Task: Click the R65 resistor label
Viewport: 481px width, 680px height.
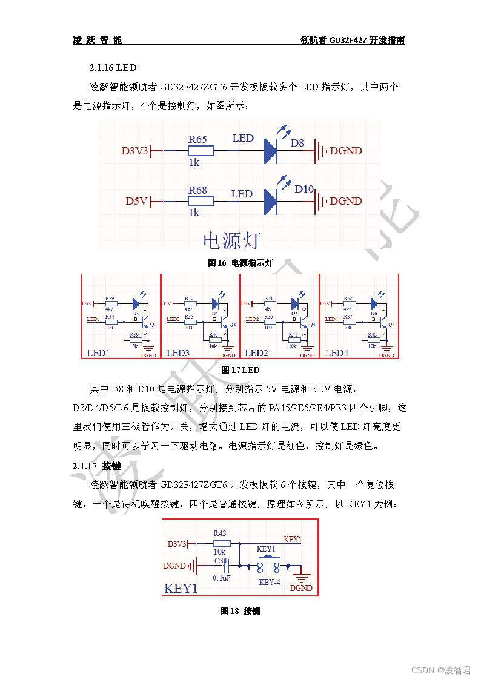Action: [197, 139]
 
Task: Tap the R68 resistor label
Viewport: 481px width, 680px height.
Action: [197, 190]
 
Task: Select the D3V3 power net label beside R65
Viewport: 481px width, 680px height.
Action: [134, 151]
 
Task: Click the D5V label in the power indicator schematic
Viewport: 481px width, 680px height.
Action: [136, 201]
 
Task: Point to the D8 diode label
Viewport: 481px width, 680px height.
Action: [297, 144]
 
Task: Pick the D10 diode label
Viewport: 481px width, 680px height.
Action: [304, 190]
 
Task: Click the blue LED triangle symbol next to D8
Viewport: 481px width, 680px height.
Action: [270, 151]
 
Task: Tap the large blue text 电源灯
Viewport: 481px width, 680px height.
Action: [231, 240]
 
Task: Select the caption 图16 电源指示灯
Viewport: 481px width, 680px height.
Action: [240, 263]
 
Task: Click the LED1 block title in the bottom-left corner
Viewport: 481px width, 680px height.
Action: [98, 353]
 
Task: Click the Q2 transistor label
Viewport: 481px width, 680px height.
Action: [153, 325]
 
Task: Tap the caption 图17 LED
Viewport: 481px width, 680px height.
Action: [240, 370]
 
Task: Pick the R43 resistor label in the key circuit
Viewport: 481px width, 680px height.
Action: [220, 533]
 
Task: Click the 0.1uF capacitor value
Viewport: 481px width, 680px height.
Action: [221, 578]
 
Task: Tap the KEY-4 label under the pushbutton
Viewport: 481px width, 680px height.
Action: [270, 582]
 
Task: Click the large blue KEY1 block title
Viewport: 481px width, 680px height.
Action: [181, 589]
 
